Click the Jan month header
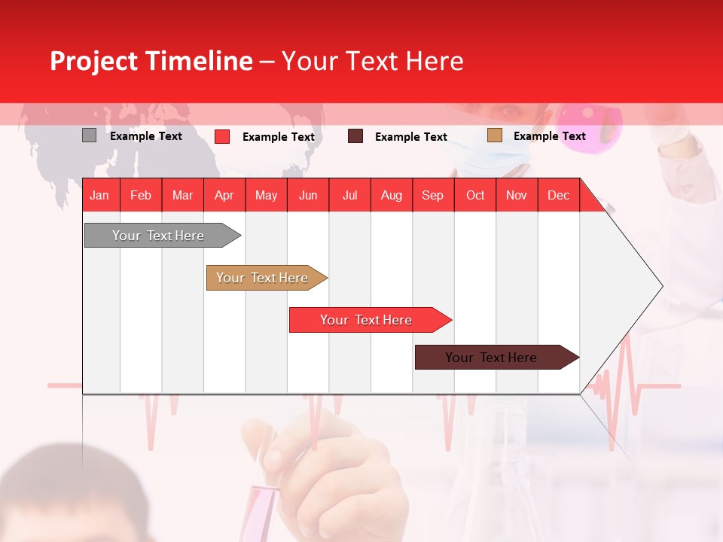tap(100, 195)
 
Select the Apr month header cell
tap(224, 195)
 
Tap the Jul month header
tap(349, 195)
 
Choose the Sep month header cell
tap(432, 195)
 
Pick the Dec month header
tap(558, 195)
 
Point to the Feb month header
tap(141, 195)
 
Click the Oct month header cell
tap(475, 195)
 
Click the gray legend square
tap(89, 135)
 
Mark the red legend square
tap(222, 136)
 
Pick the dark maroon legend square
tap(355, 135)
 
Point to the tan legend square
tap(494, 135)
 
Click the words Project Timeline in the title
tap(151, 61)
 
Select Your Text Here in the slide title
tap(372, 61)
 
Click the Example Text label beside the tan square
tap(549, 135)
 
